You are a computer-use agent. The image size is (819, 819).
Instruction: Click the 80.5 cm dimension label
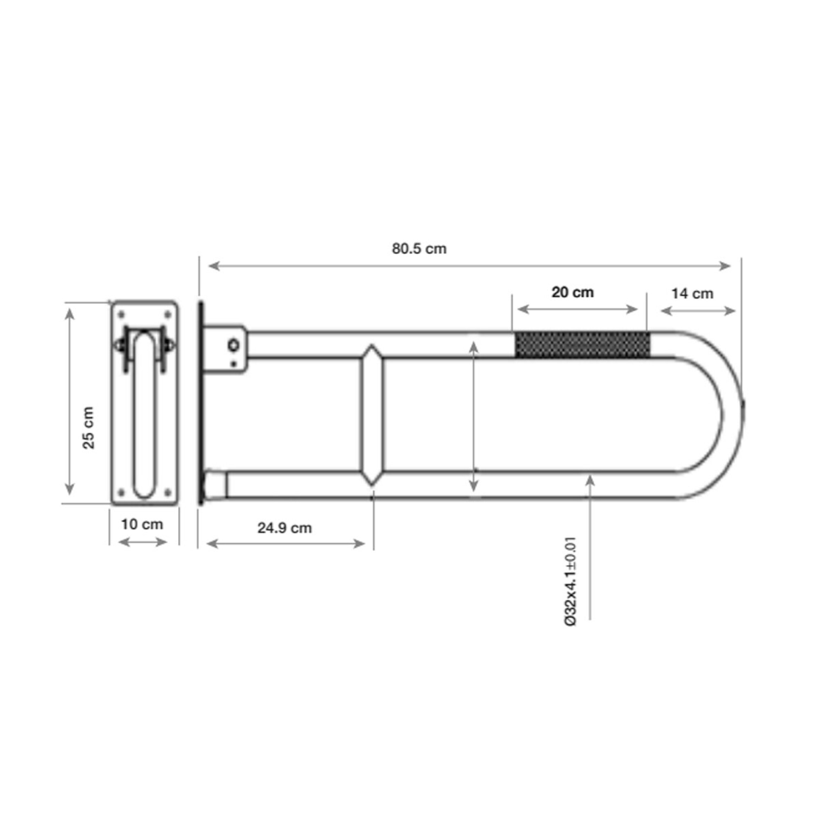(x=419, y=249)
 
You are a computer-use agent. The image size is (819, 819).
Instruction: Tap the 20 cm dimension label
(x=572, y=292)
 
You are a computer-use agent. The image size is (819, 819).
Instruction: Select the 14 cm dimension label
(x=692, y=293)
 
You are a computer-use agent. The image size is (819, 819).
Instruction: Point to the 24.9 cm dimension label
(x=285, y=528)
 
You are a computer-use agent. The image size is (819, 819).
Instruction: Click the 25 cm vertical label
(x=88, y=428)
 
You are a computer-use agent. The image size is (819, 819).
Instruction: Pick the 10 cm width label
(x=142, y=525)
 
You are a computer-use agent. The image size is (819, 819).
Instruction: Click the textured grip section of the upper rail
(x=582, y=345)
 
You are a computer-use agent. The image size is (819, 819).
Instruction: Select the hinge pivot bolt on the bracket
(x=233, y=345)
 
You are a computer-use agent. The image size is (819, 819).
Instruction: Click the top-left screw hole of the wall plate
(x=121, y=314)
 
